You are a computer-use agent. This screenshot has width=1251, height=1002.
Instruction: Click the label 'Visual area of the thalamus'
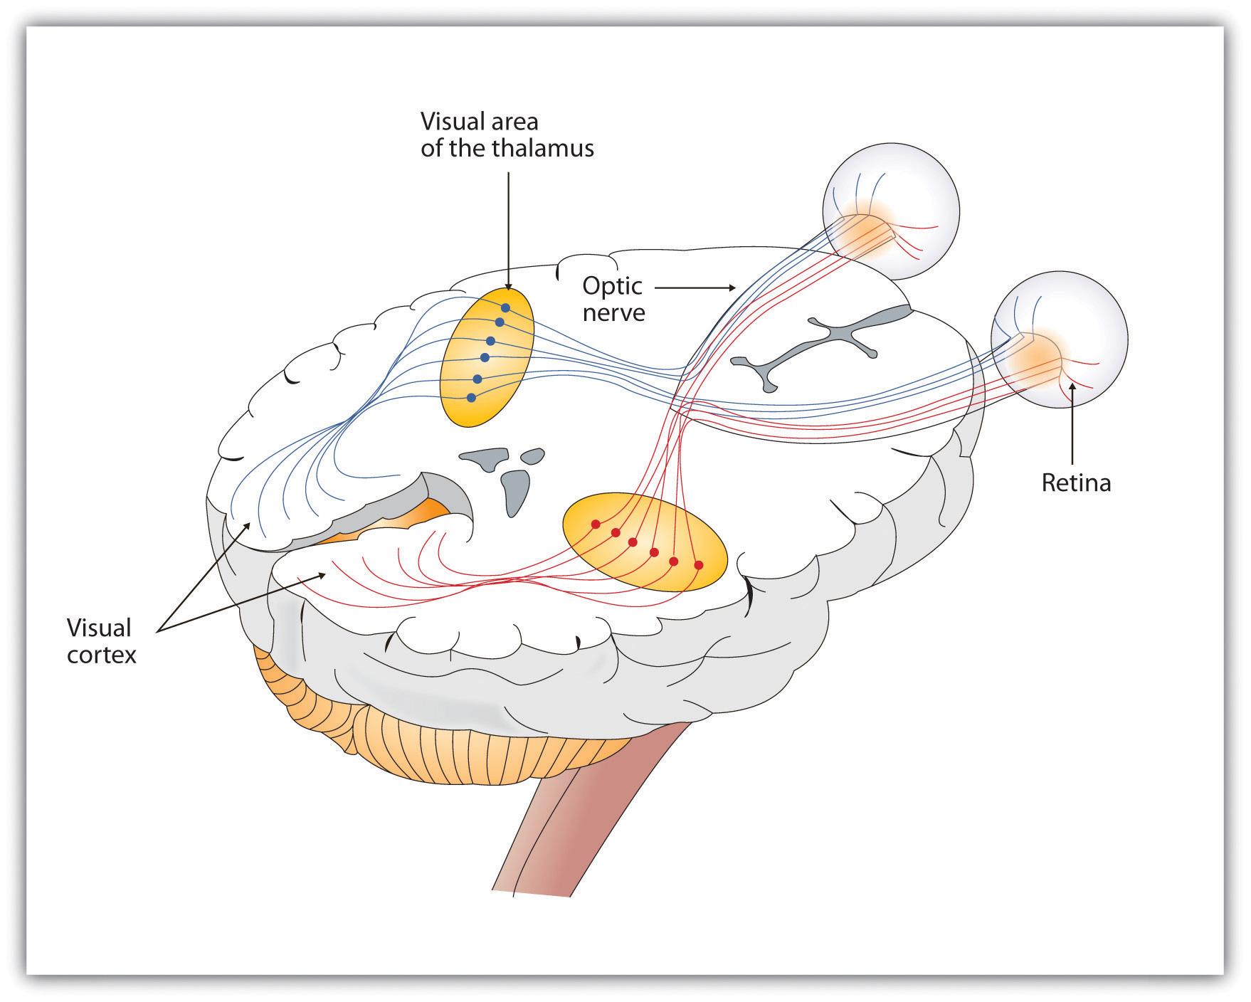pos(506,135)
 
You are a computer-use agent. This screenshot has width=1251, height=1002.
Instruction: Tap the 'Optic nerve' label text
pos(613,299)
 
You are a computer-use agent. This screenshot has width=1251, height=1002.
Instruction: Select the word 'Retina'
pos(1075,483)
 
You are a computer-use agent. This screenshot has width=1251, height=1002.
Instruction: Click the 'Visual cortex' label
pos(100,640)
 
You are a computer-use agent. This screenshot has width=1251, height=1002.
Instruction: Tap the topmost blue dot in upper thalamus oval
pos(505,308)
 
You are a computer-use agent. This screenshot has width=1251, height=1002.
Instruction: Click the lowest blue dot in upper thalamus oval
pos(471,398)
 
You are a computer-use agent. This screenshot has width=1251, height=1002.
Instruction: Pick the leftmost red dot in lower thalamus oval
pos(596,524)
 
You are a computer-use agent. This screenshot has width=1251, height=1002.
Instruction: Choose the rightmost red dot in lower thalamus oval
pos(698,565)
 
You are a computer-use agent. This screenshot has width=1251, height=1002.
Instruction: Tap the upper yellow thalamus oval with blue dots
pos(486,357)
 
